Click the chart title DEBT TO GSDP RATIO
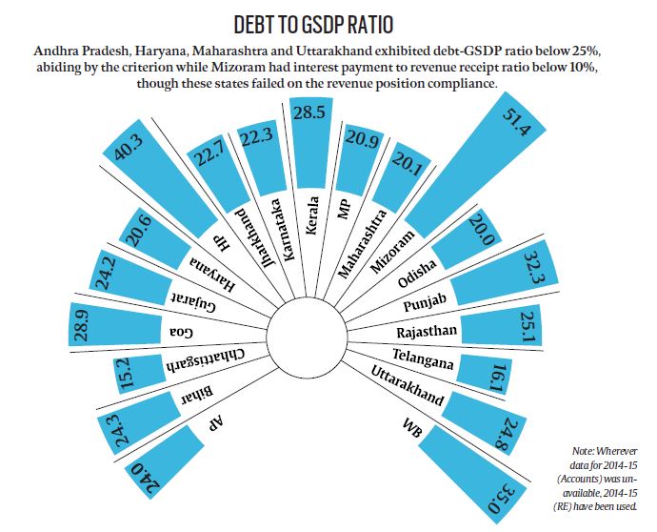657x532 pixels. (328, 21)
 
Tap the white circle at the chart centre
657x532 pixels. (304, 335)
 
